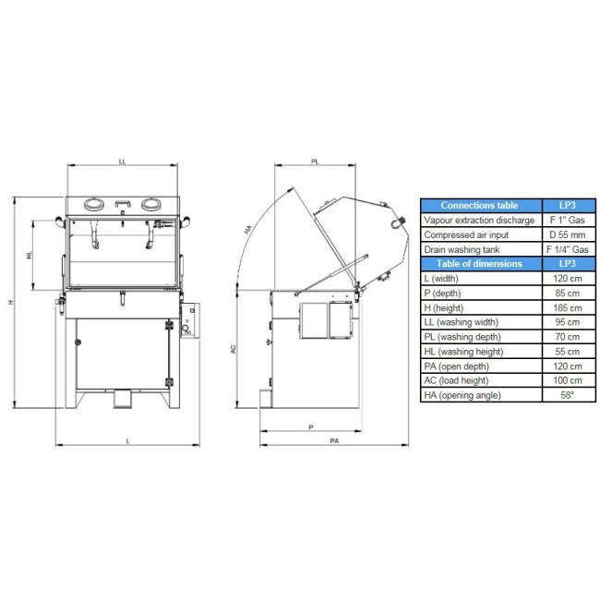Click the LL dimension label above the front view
[122, 162]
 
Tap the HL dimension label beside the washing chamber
[30, 255]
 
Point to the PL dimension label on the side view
[315, 162]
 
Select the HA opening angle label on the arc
[248, 230]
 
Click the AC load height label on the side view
[234, 349]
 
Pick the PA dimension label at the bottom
[334, 441]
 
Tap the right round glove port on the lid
[151, 204]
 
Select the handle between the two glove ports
[123, 203]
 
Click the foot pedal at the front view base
[123, 399]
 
